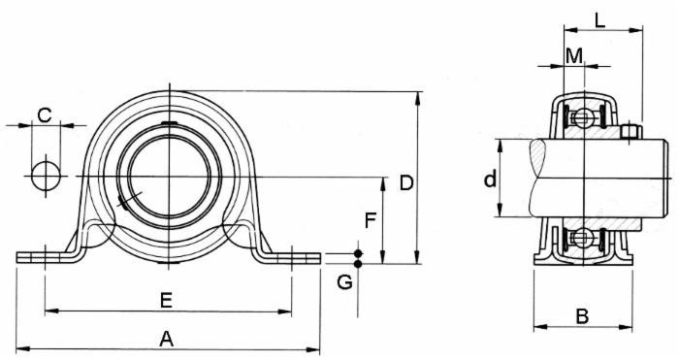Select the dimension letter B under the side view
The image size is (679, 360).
(x=582, y=314)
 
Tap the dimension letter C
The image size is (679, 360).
(x=44, y=115)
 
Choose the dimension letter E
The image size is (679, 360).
(x=166, y=301)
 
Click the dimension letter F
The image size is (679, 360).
(x=370, y=220)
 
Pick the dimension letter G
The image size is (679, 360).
(x=344, y=283)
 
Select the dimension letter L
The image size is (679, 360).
(x=600, y=18)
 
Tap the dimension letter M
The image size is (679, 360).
(x=575, y=55)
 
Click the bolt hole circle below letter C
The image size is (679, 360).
(x=45, y=177)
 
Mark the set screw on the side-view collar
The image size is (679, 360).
(x=631, y=131)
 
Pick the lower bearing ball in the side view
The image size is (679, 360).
(x=582, y=237)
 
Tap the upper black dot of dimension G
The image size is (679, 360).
(x=358, y=253)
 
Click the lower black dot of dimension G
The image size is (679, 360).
(x=358, y=263)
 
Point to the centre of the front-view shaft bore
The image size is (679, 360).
(x=168, y=177)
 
